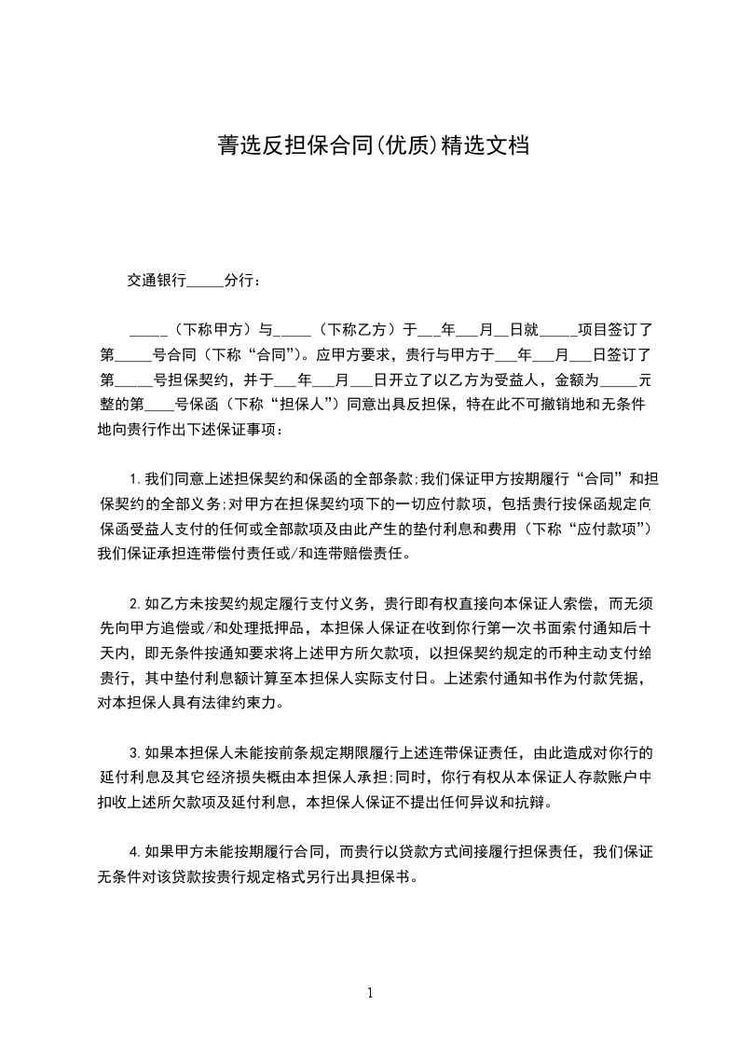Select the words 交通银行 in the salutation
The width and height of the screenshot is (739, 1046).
coord(157,280)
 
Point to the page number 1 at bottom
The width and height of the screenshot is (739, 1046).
coord(370,993)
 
